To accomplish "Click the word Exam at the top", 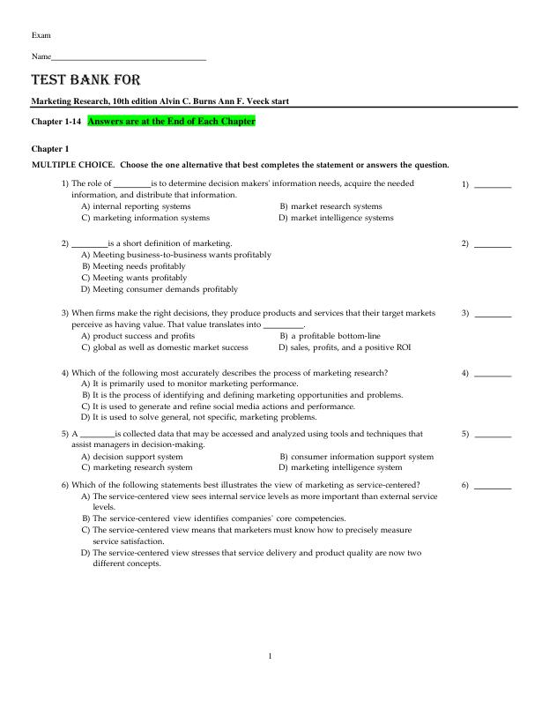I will coord(41,34).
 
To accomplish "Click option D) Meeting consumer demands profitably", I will coord(160,288).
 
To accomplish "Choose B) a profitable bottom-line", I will coord(330,336).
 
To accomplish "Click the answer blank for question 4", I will coord(494,374).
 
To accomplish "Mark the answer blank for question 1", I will coord(494,186).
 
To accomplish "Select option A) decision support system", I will coord(132,457).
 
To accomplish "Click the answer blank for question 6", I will coord(494,486).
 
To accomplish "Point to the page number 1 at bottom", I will coord(271,655).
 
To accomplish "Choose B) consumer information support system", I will coord(356,457).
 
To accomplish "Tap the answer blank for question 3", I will coord(494,314).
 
